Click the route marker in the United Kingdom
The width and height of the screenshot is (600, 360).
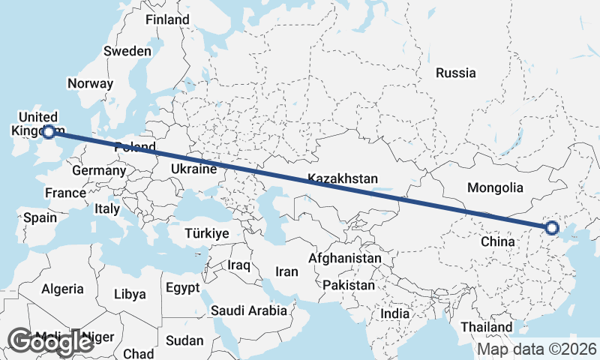49,132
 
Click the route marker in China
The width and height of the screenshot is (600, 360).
552,228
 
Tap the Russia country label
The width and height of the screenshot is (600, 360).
456,73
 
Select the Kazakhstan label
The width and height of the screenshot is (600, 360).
342,178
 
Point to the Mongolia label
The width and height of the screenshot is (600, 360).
494,187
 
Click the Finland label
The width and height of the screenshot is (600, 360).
168,19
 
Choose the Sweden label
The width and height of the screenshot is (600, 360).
127,51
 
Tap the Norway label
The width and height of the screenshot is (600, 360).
90,84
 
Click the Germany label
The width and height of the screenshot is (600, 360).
98,170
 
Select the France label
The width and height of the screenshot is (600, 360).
65,193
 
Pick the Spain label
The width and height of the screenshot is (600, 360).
40,217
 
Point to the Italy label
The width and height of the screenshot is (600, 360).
107,209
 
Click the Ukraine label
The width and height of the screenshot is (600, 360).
193,169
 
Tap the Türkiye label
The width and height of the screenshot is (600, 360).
206,234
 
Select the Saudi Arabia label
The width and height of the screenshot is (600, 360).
249,310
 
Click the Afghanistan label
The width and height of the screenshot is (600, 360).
345,258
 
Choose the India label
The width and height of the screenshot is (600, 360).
395,313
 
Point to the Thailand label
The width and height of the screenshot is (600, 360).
487,327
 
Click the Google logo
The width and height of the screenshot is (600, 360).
50,341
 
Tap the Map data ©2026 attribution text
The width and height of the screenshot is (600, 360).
537,349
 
